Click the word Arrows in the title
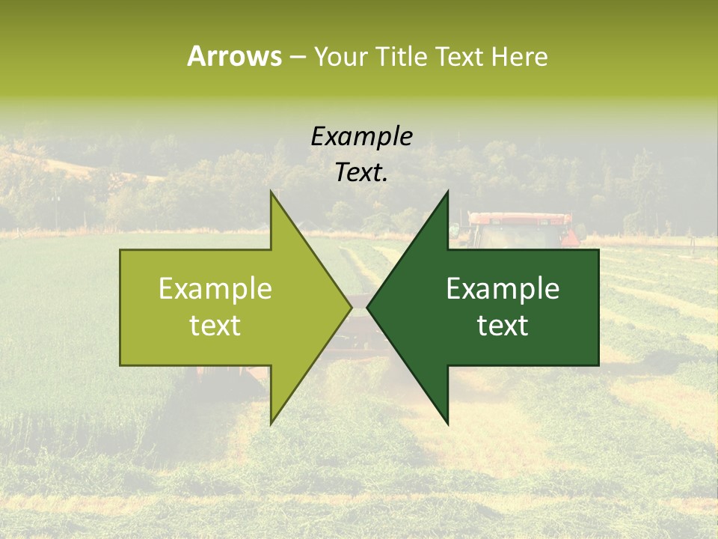pos(234,57)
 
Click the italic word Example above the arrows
pos(361,137)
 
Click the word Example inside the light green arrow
pos(215,289)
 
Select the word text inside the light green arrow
pos(215,326)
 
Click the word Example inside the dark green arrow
pos(503,289)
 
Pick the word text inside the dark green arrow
pos(503,326)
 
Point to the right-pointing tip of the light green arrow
pos(350,307)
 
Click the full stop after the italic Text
pos(385,180)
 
